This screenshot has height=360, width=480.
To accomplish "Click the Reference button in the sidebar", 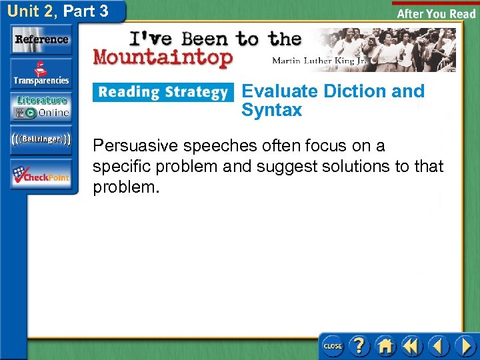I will [41, 40].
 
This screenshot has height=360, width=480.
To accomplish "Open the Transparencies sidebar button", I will [41, 73].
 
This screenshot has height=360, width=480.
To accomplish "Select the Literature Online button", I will [41, 107].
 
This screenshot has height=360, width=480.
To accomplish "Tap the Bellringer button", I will [41, 139].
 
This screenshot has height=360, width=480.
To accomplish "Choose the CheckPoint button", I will [41, 175].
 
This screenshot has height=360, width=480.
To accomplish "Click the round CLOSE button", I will [332, 346].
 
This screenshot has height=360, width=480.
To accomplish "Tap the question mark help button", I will [359, 346].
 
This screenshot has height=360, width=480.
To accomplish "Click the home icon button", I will [385, 346].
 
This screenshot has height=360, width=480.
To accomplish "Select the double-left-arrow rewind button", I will [412, 346].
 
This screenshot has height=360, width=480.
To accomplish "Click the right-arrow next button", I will [465, 346].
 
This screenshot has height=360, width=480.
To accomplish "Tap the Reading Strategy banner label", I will [163, 92].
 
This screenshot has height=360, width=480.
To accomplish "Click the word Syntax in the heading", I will [271, 110].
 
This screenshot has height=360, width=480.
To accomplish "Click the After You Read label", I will [436, 13].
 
